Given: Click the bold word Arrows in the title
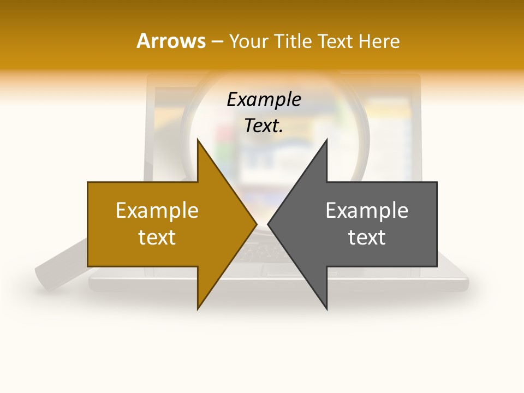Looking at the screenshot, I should point(171,41).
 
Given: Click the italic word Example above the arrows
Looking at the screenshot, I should point(264,100).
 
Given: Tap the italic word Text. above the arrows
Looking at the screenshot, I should point(264,126).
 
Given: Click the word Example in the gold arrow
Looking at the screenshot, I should point(157,211).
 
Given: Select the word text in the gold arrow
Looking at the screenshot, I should point(157,237).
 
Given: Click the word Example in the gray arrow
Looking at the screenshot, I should point(367,211).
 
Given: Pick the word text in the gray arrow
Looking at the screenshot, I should point(367,237).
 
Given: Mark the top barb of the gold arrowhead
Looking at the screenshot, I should point(199,143).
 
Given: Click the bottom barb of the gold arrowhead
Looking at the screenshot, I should point(199,306).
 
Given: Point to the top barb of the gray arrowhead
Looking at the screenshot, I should point(326,143).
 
